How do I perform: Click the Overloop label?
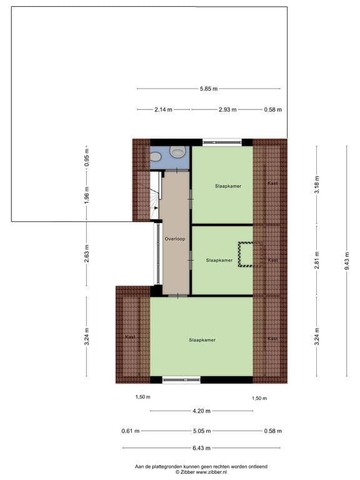174,239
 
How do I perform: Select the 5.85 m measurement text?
209,89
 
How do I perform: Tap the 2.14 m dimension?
164,109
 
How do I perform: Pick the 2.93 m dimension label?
227,109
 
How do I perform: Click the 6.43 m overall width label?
201,447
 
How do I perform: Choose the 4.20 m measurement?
201,411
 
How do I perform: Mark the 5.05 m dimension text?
201,431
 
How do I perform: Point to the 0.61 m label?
131,431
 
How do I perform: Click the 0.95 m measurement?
87,154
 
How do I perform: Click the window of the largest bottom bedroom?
181,379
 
